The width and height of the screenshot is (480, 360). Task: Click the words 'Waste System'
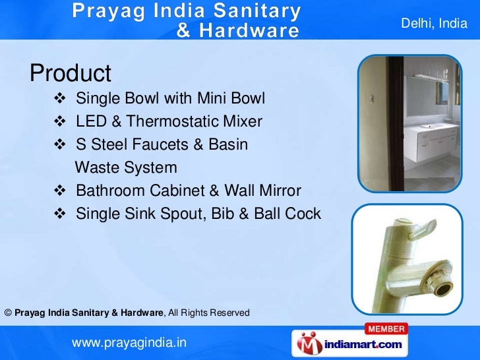(x=126, y=167)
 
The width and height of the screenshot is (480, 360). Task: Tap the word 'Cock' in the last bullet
(x=302, y=214)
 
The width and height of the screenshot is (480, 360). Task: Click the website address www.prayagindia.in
(x=129, y=343)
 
